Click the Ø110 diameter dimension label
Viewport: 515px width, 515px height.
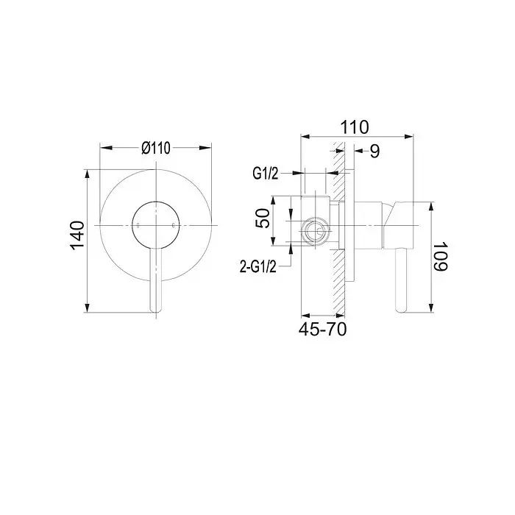(x=156, y=148)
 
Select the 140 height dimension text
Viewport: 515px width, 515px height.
(x=77, y=236)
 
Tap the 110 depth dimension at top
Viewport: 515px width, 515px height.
(x=355, y=127)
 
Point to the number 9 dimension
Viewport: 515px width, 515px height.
(x=374, y=151)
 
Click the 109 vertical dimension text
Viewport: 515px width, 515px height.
(x=440, y=257)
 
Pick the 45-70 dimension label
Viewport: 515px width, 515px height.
(x=322, y=329)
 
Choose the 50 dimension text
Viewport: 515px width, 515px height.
(x=263, y=218)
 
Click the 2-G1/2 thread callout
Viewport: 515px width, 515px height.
(x=258, y=266)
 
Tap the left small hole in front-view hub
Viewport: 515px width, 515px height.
(x=138, y=225)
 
